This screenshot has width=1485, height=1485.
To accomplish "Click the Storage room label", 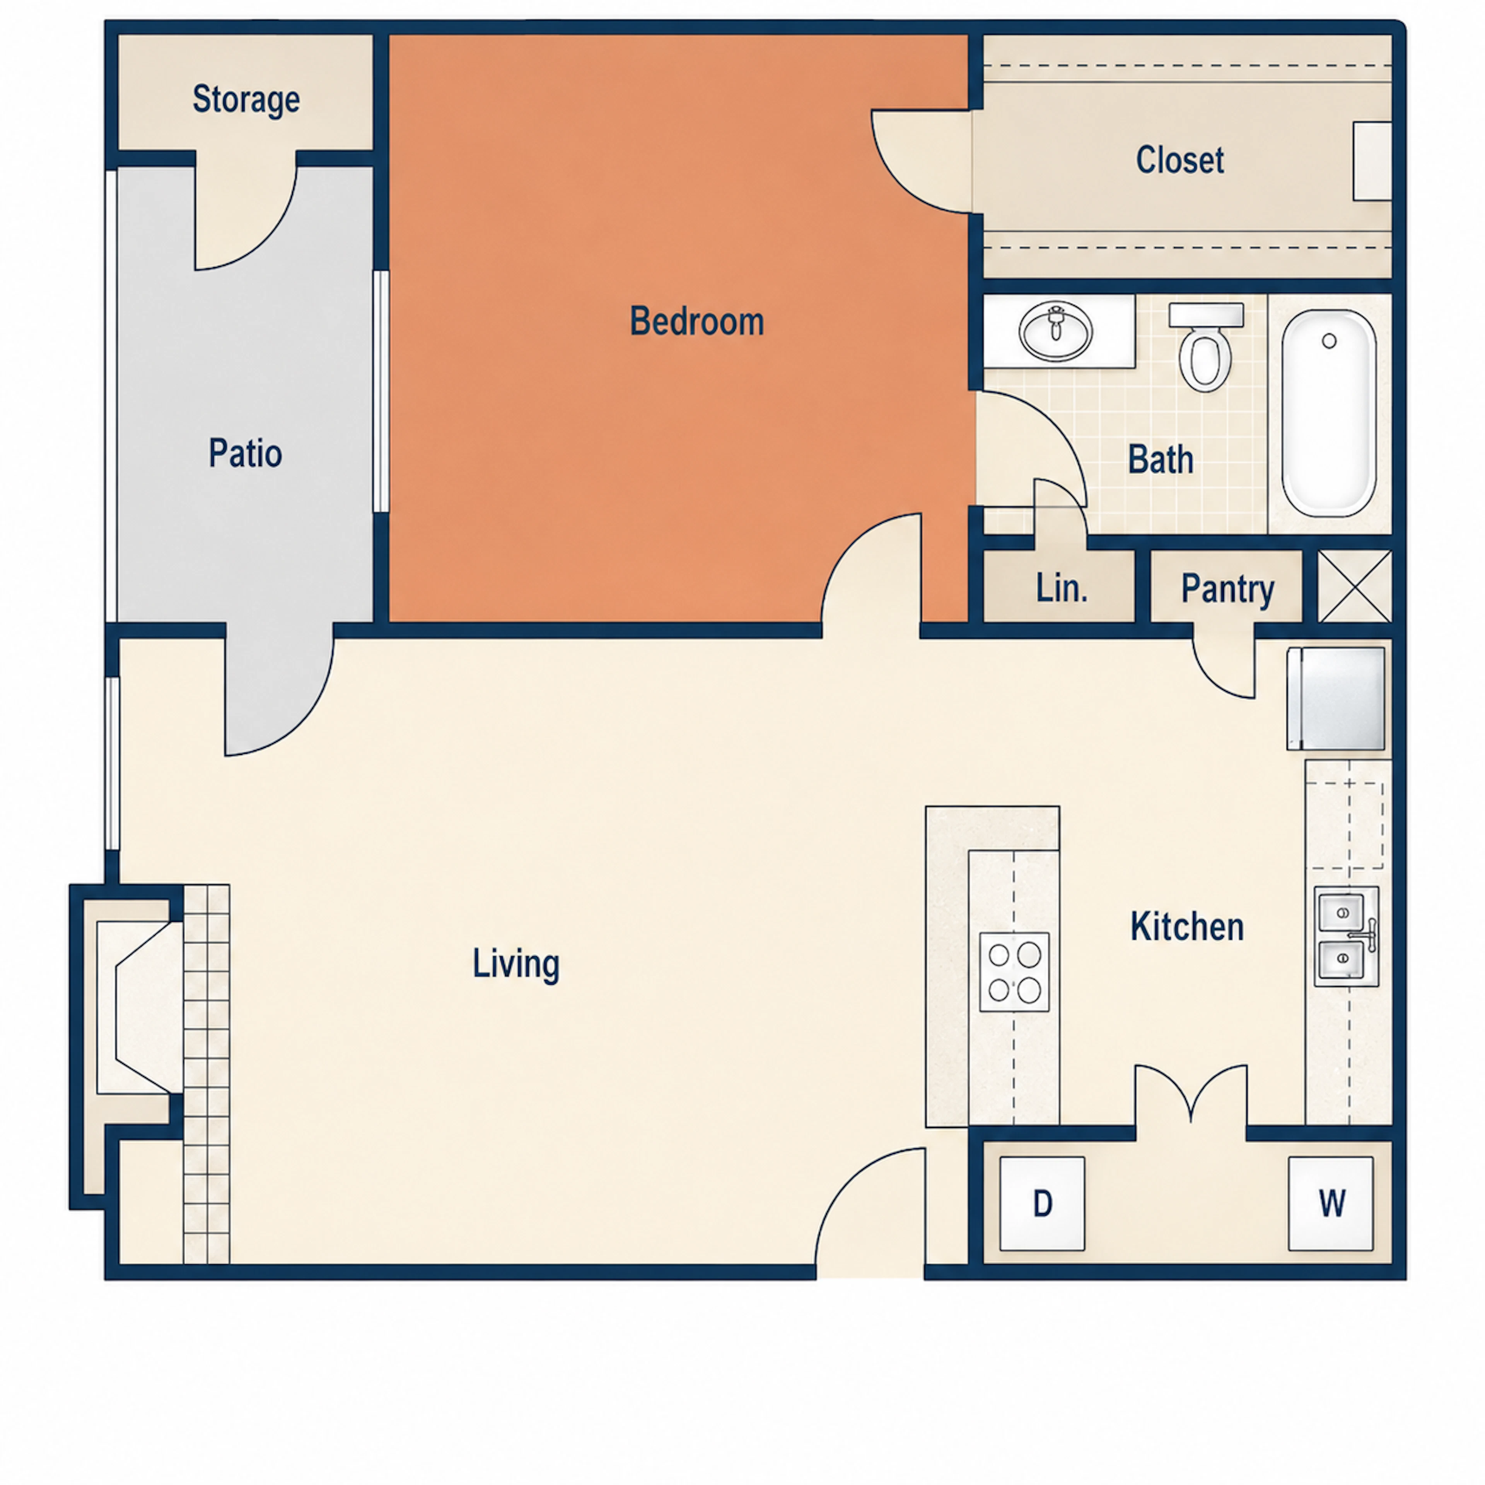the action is (x=246, y=100).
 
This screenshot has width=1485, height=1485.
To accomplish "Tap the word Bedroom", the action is (x=696, y=321).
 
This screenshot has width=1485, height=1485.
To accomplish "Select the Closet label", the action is (x=1180, y=160).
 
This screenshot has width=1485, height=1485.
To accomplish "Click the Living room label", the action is (x=516, y=964).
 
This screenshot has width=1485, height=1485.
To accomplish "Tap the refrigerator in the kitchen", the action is (x=1336, y=698).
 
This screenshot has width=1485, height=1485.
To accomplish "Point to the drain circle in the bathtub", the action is (x=1329, y=340).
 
